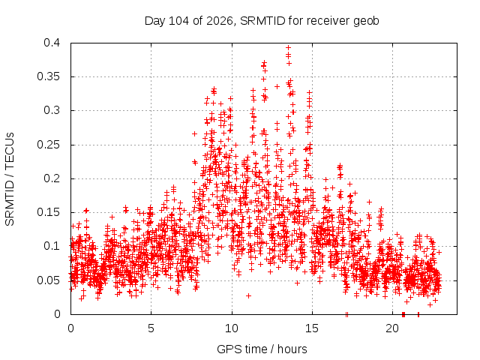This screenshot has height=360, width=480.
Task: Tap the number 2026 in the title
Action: click(x=220, y=21)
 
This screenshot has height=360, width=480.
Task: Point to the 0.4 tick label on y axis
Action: click(x=52, y=43)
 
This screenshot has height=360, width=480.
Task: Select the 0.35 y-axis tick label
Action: click(x=48, y=76)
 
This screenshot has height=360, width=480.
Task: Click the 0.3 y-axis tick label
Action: click(x=52, y=110)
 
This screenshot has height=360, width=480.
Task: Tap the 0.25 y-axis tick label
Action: click(x=48, y=145)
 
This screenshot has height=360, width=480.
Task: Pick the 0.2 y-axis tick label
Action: click(x=52, y=178)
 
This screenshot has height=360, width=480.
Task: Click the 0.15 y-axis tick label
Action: click(x=48, y=212)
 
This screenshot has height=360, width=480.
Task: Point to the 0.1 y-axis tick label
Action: click(x=52, y=246)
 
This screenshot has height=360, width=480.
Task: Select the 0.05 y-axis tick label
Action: click(x=48, y=280)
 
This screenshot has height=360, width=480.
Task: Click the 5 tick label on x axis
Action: click(x=151, y=328)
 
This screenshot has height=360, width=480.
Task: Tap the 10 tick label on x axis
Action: click(x=232, y=328)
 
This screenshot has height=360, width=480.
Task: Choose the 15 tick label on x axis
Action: click(x=312, y=328)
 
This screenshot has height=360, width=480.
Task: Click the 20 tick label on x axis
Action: click(x=392, y=328)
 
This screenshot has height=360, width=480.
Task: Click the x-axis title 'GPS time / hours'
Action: click(x=262, y=349)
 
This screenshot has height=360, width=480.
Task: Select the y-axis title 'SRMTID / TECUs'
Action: click(x=10, y=179)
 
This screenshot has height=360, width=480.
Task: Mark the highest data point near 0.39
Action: click(x=288, y=47)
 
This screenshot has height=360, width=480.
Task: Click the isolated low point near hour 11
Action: click(x=248, y=295)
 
